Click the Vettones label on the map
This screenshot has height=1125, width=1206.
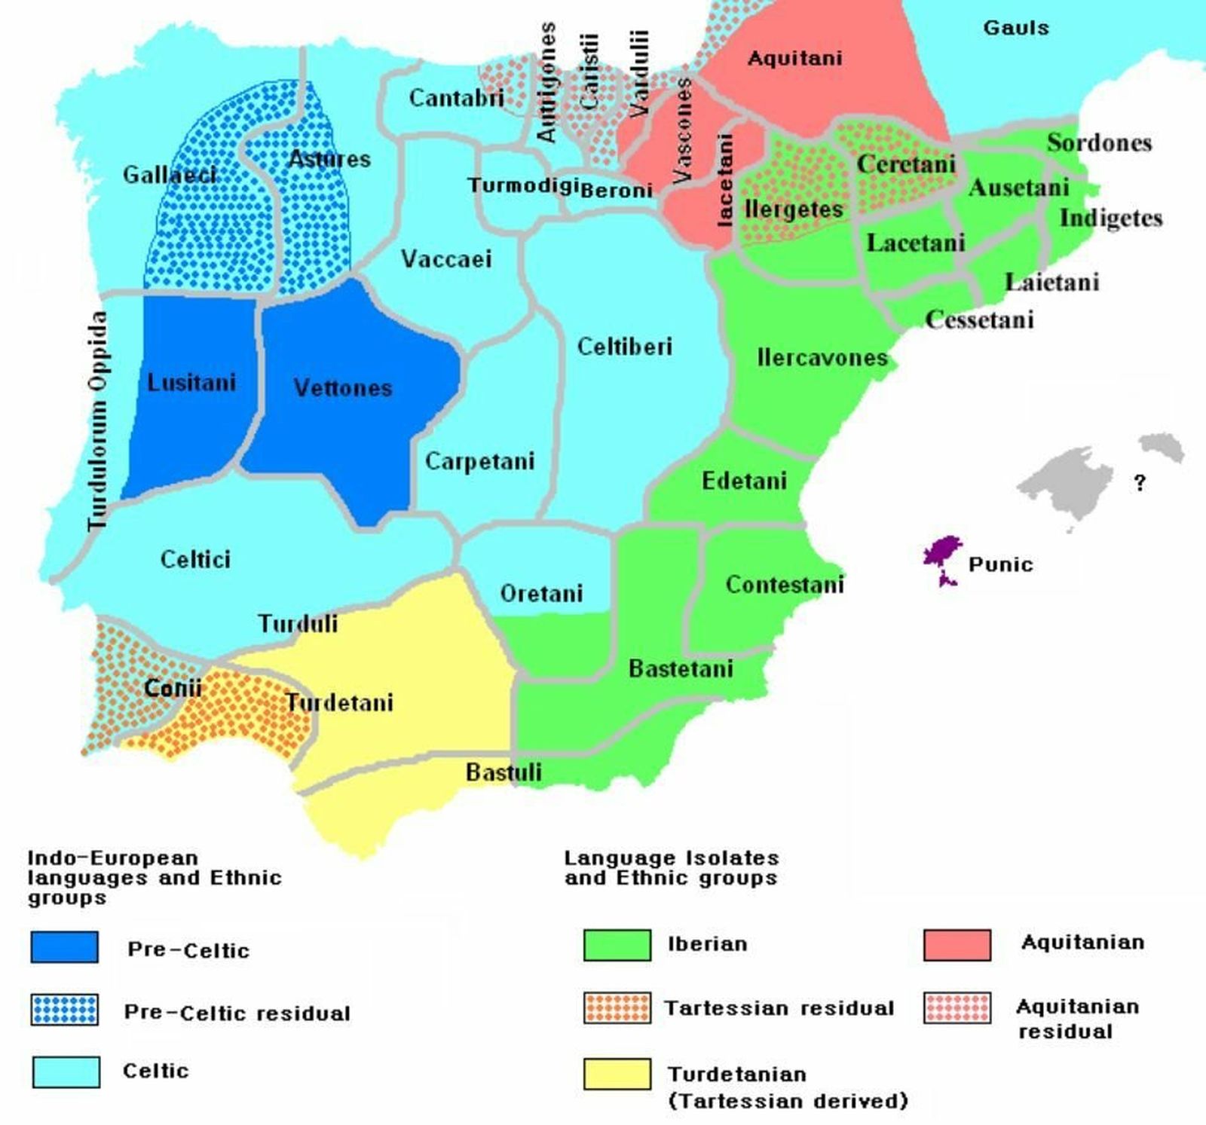point(343,388)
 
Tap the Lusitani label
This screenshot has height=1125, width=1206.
point(191,383)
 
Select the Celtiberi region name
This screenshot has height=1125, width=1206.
point(624,347)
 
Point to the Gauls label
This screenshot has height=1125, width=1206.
point(1015,28)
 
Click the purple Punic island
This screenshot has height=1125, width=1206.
point(942,554)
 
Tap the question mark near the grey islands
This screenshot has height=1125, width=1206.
point(1140,483)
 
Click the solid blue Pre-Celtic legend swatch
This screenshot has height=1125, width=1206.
point(64,947)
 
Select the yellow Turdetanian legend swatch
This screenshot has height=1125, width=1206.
point(617,1074)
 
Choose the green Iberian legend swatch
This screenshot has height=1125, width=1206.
point(617,945)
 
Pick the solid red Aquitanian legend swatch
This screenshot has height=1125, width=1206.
point(957,945)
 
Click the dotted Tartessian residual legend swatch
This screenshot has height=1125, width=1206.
point(617,1008)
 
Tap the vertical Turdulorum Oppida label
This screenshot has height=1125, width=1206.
point(97,420)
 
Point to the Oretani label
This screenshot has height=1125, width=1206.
point(541,594)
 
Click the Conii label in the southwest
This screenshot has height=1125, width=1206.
point(173,688)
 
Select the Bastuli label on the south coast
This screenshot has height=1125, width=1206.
point(504,772)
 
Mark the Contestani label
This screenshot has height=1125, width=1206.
point(784,585)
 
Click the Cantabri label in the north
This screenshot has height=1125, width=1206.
point(456,98)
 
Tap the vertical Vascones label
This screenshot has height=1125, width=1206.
point(682,132)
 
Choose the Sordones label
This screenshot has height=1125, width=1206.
point(1099,142)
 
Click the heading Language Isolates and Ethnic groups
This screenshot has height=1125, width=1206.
point(671,868)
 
